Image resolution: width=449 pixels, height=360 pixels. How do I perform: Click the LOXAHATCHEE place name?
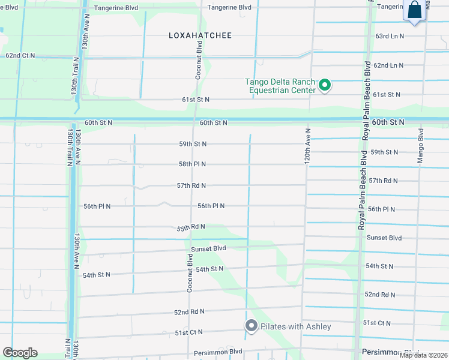click(200, 35)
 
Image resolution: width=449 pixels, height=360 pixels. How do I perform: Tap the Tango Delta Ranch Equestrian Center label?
click(280, 86)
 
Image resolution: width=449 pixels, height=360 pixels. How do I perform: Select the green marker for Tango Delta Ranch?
click(325, 86)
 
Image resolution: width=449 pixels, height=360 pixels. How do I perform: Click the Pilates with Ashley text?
click(295, 326)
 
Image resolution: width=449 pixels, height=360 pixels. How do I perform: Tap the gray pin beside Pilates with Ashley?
click(251, 326)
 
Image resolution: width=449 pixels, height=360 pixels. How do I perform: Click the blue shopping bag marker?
click(415, 11)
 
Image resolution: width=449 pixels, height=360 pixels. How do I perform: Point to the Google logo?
click(20, 353)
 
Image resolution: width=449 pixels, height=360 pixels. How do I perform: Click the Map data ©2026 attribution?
click(423, 355)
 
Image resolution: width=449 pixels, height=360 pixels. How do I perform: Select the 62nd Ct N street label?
click(20, 55)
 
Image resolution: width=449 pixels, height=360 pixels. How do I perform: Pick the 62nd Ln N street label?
click(388, 65)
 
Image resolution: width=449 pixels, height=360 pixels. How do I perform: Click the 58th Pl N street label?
click(192, 164)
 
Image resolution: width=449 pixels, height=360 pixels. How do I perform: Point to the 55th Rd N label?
click(191, 227)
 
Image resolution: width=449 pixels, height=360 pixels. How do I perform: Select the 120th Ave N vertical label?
click(307, 146)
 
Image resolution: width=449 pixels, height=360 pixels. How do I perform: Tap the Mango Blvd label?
click(421, 147)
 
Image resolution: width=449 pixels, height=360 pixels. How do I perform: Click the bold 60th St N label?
click(388, 122)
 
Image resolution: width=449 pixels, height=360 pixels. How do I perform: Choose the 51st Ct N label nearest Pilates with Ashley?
click(189, 332)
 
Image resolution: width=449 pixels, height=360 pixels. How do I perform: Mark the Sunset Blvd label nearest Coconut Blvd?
click(208, 248)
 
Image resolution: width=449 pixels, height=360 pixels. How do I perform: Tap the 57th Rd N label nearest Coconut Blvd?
click(191, 185)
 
